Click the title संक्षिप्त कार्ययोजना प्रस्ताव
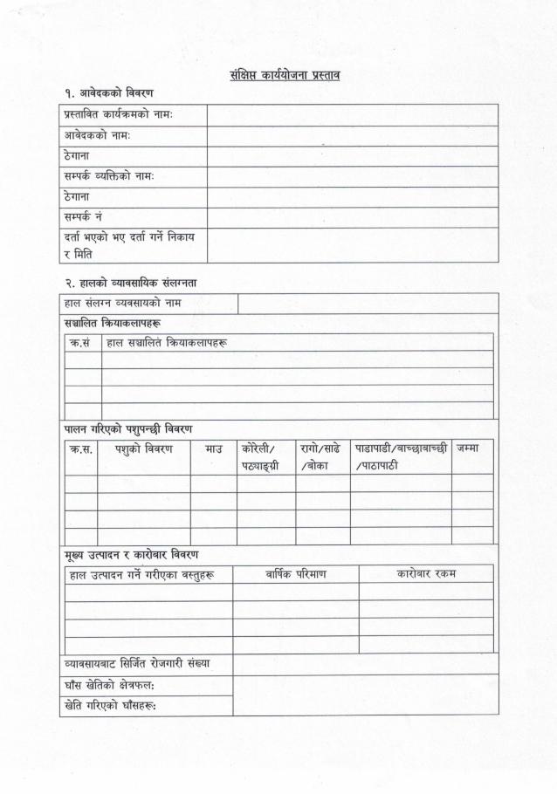coord(278,74)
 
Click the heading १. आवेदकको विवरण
coord(104,92)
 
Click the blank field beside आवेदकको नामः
coord(352,136)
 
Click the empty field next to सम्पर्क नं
coord(352,216)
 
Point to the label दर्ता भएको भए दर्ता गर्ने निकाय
coord(128,236)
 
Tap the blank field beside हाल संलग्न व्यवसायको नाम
coord(367,303)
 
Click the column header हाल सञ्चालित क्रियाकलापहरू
coord(166,343)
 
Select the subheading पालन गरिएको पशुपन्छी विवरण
coord(128,428)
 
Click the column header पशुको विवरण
coord(143,448)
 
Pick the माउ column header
coord(213,448)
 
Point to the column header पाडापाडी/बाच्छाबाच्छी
coord(401,448)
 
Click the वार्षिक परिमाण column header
coord(295,573)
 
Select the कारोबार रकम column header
coord(426,573)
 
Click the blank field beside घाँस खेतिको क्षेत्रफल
coord(365,685)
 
